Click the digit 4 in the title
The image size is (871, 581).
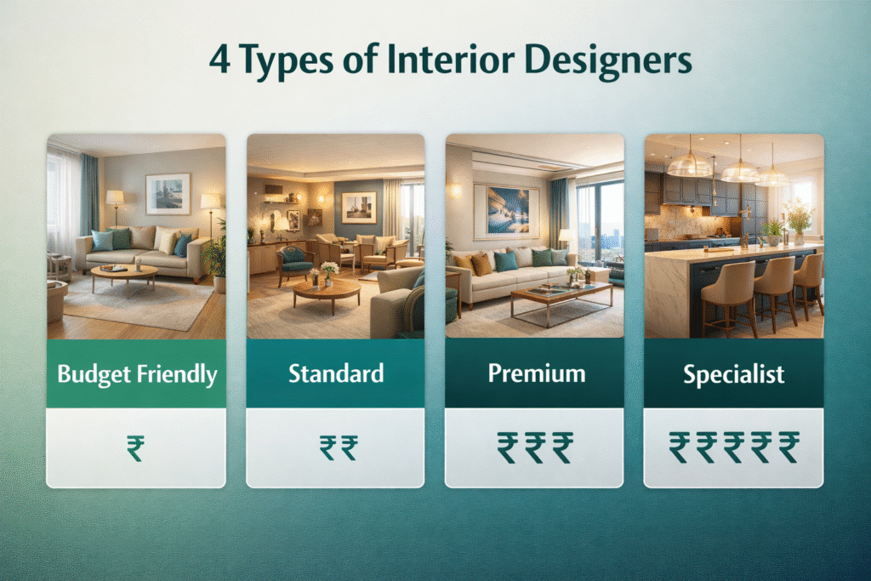[x=219, y=60]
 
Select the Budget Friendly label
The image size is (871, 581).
[x=137, y=374]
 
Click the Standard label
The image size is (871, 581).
[x=335, y=373]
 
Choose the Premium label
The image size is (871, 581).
[x=536, y=373]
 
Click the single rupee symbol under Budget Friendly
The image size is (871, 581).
[x=135, y=448]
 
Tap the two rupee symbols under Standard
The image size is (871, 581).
[x=339, y=448]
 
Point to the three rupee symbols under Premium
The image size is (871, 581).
[x=535, y=447]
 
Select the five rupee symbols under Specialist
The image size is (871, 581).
[x=734, y=447]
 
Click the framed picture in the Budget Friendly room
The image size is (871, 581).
[x=168, y=193]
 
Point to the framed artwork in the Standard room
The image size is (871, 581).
[x=359, y=208]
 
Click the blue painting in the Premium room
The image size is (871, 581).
[x=506, y=211]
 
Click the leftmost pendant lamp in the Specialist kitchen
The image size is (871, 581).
[x=689, y=164]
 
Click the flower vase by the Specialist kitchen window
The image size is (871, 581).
[x=798, y=222]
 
